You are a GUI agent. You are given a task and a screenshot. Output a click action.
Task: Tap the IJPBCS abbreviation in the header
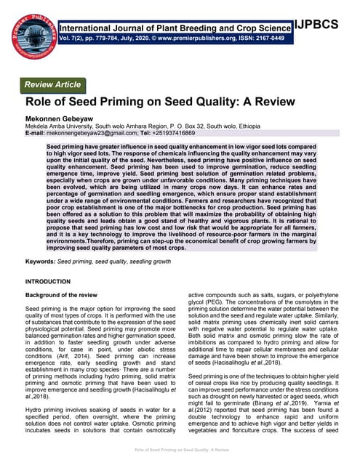click(326, 25)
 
